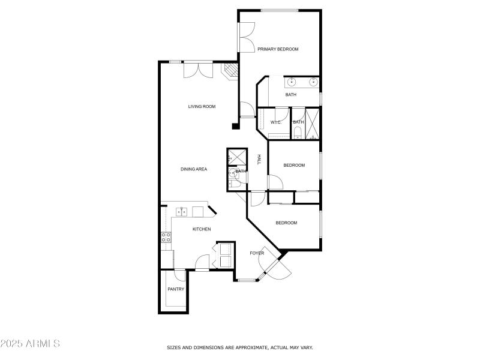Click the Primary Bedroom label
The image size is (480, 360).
point(278,49)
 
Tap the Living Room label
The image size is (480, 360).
point(202,107)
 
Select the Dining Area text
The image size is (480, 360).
point(194,169)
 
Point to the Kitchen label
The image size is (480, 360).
point(202,229)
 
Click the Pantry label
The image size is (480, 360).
point(176,289)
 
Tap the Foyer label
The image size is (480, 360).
point(257,253)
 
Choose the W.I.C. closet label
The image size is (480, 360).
point(276,122)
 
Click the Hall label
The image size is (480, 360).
point(259,159)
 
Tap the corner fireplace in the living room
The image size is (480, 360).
point(230,71)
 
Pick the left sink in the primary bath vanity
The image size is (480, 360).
point(292,81)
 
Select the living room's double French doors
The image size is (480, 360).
point(197,70)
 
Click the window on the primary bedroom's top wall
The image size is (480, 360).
point(280,10)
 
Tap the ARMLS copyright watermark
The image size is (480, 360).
point(30,344)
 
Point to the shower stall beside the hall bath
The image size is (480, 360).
point(237,157)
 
